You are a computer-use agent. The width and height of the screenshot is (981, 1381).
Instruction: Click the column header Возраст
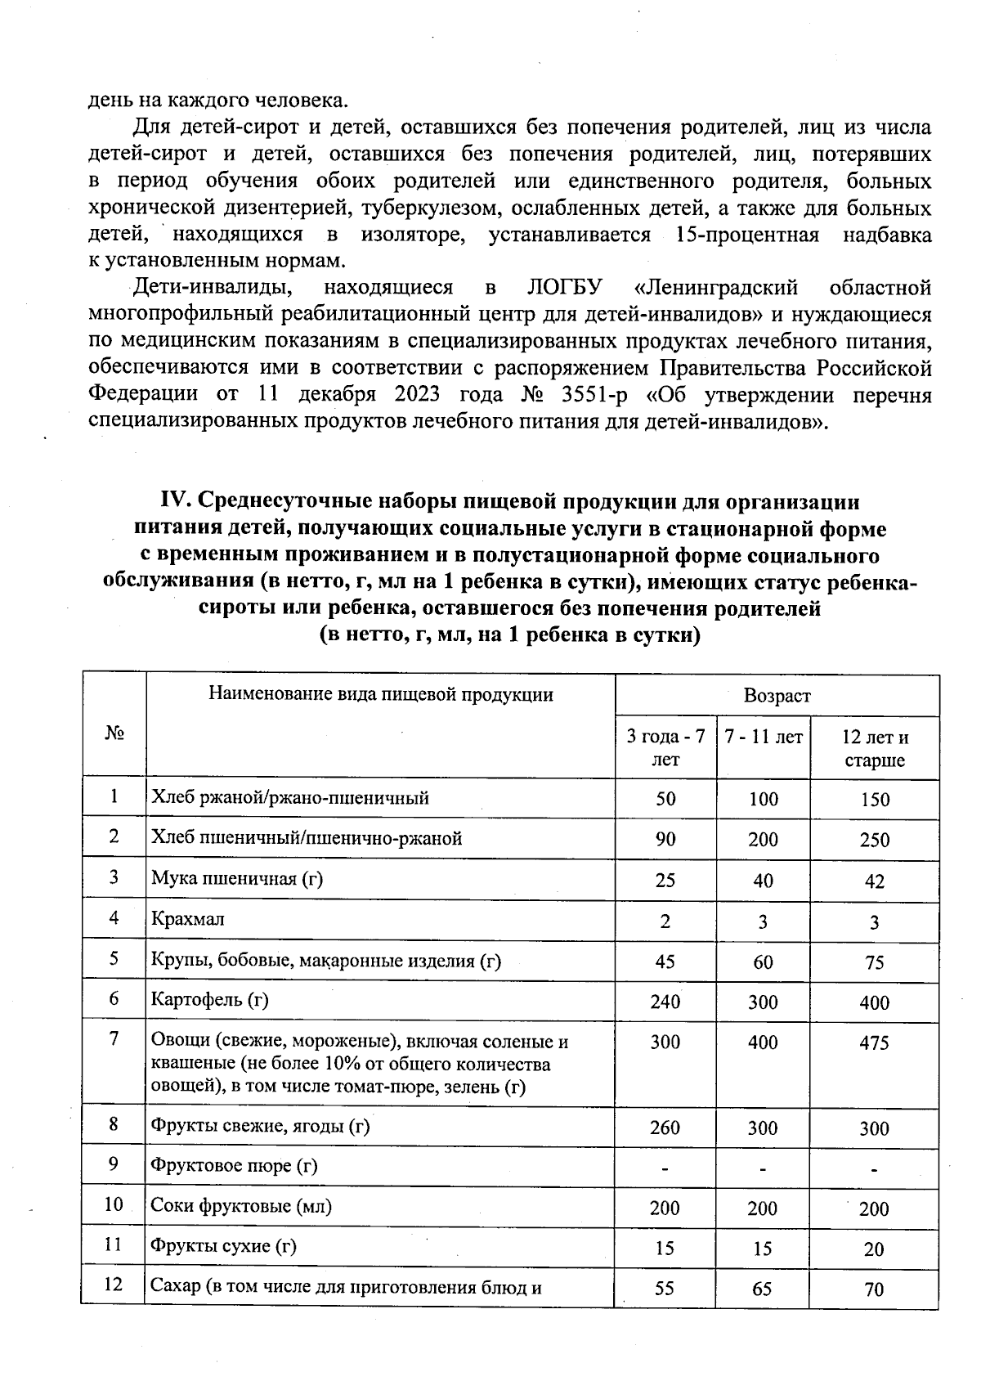tap(776, 696)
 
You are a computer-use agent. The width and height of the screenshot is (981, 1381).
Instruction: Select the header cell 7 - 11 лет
tap(764, 737)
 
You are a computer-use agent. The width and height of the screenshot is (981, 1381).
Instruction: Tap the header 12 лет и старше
tap(874, 748)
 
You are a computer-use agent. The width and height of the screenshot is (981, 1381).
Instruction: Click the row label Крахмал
tap(188, 919)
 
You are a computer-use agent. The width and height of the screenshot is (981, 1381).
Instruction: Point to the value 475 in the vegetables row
tap(874, 1043)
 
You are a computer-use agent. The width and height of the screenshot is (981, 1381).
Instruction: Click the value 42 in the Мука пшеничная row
tap(874, 881)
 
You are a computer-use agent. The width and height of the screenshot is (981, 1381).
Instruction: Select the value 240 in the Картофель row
tap(665, 1002)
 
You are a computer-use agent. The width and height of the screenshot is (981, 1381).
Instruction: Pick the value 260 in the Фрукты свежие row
tap(665, 1128)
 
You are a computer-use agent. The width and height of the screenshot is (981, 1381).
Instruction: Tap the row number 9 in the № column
tap(114, 1164)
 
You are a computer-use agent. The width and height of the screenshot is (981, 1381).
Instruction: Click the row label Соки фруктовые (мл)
tap(241, 1206)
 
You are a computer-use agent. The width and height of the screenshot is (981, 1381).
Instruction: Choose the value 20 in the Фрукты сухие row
tap(874, 1249)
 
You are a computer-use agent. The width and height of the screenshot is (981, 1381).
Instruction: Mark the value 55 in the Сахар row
tap(665, 1289)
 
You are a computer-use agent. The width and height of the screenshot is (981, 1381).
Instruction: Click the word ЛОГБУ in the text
tap(565, 288)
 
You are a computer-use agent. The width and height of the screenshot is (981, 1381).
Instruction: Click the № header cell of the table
tap(114, 733)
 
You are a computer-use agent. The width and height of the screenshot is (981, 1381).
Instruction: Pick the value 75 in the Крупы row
tap(874, 962)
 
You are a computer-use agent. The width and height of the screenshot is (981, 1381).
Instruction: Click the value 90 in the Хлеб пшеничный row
tap(665, 840)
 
